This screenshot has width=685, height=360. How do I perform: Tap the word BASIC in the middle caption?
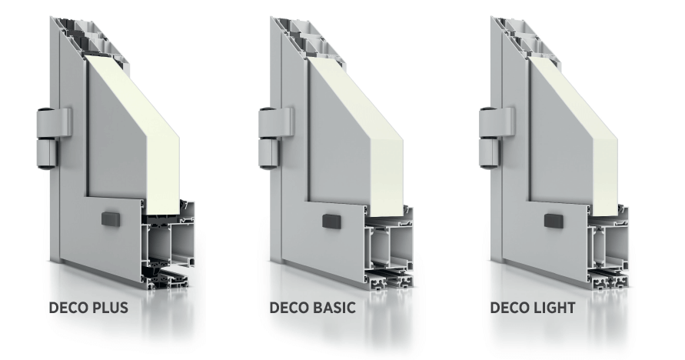pyautogui.click(x=334, y=308)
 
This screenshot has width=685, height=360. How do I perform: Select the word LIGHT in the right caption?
pyautogui.click(x=554, y=308)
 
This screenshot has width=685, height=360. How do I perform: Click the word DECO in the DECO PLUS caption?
pyautogui.click(x=68, y=308)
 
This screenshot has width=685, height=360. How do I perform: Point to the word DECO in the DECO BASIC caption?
pyautogui.click(x=289, y=308)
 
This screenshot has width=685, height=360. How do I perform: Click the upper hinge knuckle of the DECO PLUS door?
pyautogui.click(x=52, y=122)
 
